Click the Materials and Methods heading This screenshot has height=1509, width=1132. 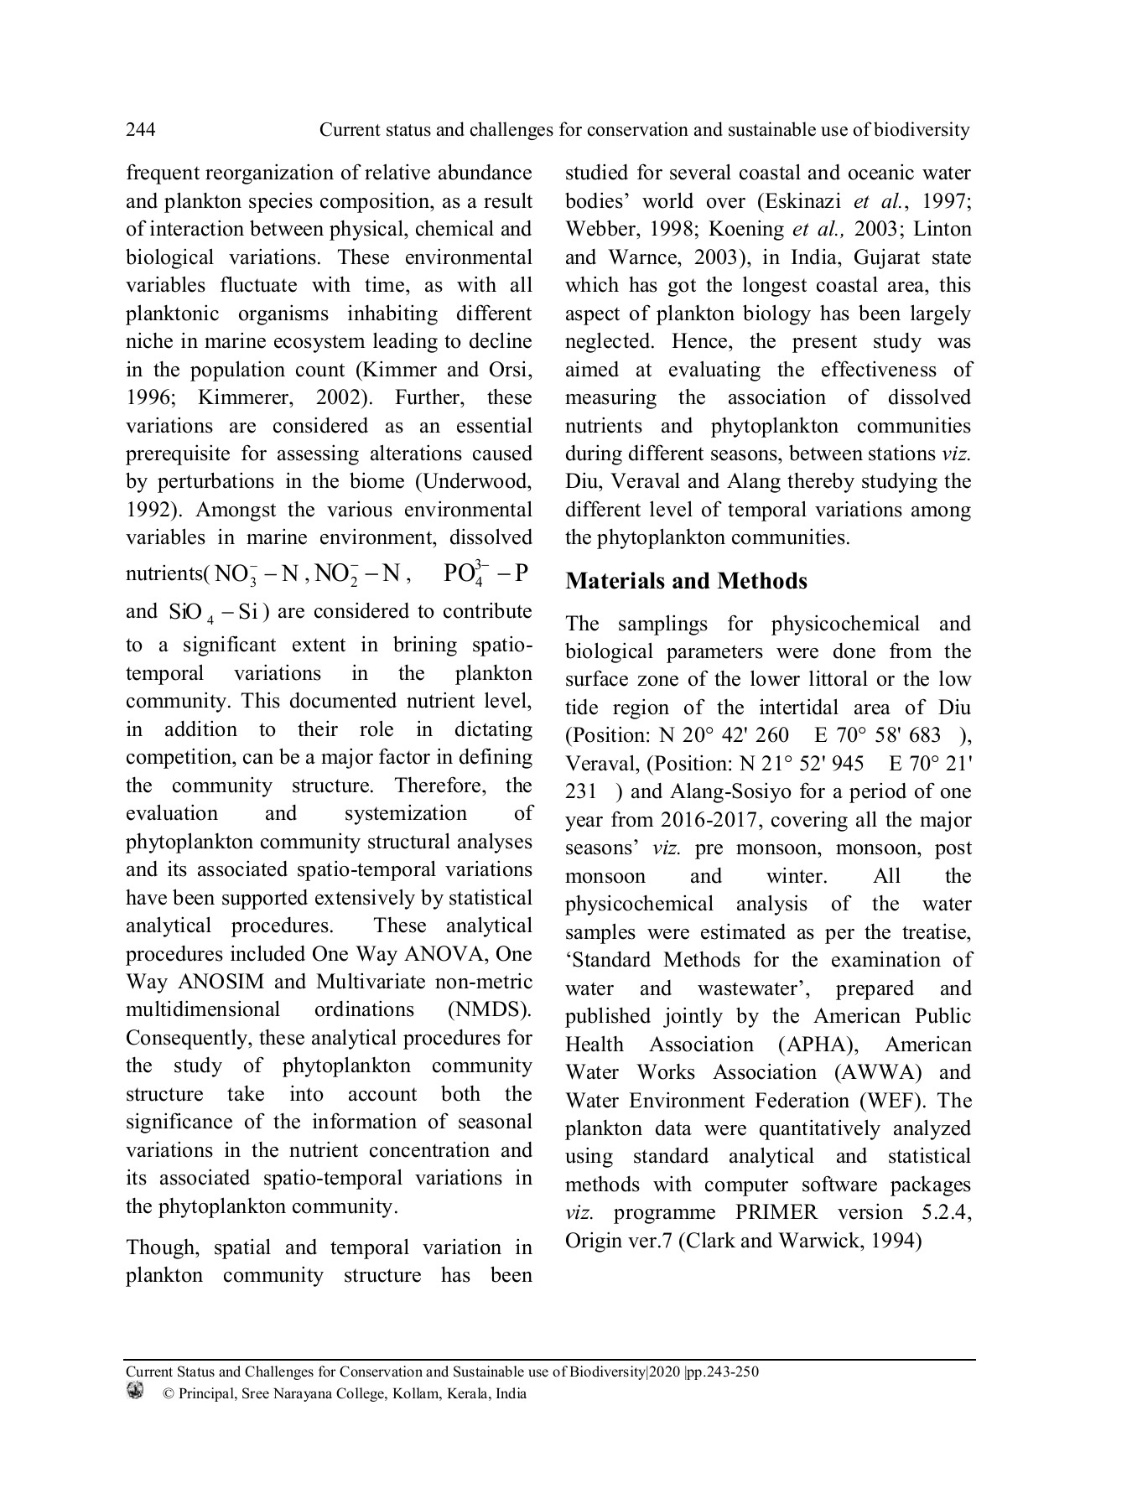tap(686, 581)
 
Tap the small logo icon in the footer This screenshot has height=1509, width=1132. tap(135, 1391)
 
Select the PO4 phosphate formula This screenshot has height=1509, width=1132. tap(486, 573)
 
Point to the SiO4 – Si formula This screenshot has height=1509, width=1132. tap(213, 612)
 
